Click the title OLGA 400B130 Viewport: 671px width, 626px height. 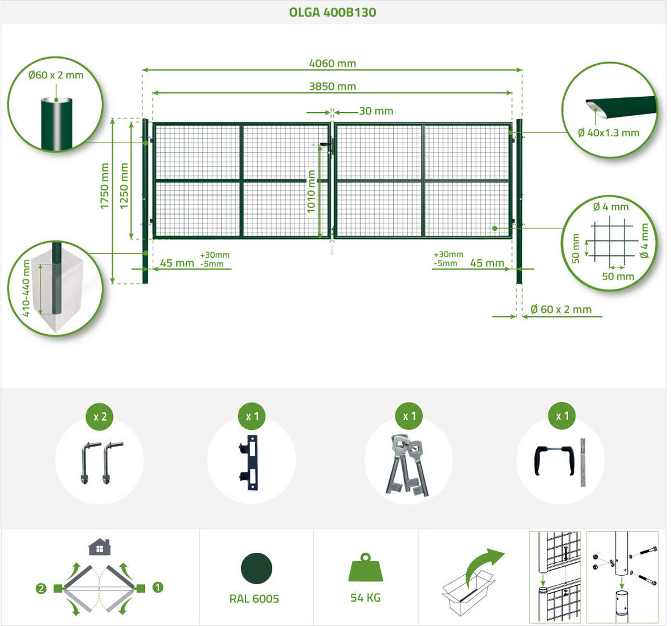pos(333,12)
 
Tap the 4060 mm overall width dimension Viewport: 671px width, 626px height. pos(333,63)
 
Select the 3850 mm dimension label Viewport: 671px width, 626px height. pos(333,86)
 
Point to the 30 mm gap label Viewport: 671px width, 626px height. pos(376,111)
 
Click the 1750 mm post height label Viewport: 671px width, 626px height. pos(105,186)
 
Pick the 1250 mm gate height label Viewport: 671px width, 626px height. pos(124,186)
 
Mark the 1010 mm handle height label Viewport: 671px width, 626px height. pos(311,192)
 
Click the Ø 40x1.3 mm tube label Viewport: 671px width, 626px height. pos(608,133)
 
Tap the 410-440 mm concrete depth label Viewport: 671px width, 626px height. pos(26,288)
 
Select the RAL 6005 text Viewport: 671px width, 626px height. pos(254,599)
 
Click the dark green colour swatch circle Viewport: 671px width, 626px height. pos(257,568)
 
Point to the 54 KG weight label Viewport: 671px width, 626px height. pos(366,597)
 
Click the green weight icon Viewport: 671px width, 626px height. pos(366,567)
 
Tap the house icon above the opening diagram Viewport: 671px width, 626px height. pos(100,547)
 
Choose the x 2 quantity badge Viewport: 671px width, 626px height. pos(100,416)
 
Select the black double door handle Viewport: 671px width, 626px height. pos(554,460)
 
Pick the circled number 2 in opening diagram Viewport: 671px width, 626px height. pos(41,589)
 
